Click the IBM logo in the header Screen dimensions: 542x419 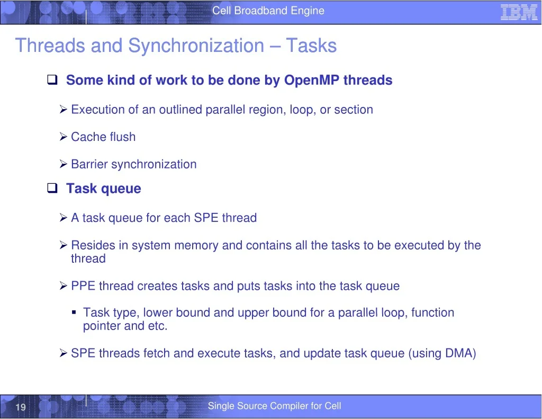click(519, 12)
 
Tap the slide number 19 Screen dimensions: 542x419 click(21, 407)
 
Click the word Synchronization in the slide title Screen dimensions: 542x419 click(196, 46)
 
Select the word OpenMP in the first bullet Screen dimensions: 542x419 click(311, 81)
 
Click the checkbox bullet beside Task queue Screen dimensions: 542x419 click(52, 188)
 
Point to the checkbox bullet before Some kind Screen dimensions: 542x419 click(52, 79)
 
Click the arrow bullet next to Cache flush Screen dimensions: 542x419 click(64, 137)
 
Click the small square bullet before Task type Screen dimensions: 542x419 click(74, 313)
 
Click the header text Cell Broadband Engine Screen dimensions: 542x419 click(268, 11)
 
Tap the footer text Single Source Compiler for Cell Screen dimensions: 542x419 click(275, 406)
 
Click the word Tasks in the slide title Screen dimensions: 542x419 click(311, 46)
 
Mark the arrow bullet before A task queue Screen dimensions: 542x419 click(64, 218)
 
